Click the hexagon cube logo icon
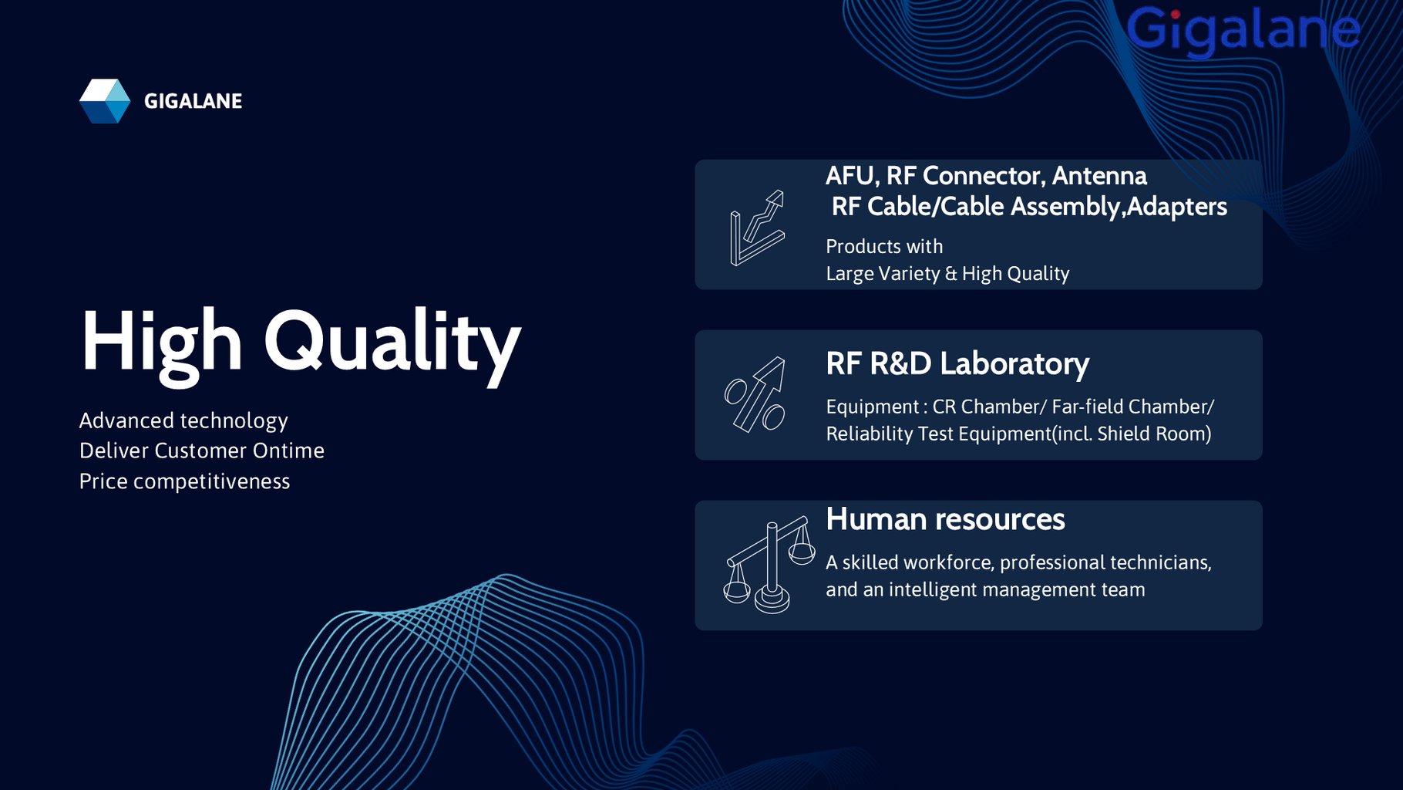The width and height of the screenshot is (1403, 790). click(105, 101)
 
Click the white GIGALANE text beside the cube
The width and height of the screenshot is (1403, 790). click(193, 101)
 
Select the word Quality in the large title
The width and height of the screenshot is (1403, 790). click(392, 344)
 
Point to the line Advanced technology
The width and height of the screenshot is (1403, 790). click(183, 421)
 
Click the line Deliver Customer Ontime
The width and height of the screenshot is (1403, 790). click(202, 451)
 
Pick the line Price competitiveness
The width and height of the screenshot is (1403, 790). click(185, 481)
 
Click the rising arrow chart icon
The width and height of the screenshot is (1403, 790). click(757, 228)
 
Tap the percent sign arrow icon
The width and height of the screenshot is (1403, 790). click(755, 394)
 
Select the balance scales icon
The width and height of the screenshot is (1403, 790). click(769, 565)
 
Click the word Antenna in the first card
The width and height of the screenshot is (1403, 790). click(1099, 176)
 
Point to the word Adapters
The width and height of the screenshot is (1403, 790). click(1177, 207)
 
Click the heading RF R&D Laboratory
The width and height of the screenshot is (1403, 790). click(957, 364)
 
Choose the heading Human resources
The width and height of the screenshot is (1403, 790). click(945, 519)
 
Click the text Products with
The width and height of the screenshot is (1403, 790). click(884, 247)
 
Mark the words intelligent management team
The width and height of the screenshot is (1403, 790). click(1017, 590)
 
